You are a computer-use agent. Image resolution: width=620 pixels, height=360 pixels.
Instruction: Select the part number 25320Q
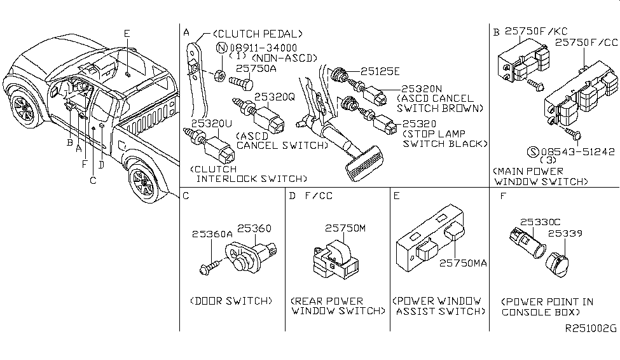tap(275, 97)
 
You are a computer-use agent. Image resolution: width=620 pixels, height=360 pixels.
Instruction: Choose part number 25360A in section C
tap(211, 235)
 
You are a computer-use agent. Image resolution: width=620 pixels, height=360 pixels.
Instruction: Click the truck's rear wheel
tap(144, 182)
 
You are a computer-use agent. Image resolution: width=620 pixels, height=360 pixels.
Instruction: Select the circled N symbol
tap(221, 48)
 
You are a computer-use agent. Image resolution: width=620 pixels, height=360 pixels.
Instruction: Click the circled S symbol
tap(534, 152)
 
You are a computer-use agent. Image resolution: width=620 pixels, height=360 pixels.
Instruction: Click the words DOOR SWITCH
tap(231, 301)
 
